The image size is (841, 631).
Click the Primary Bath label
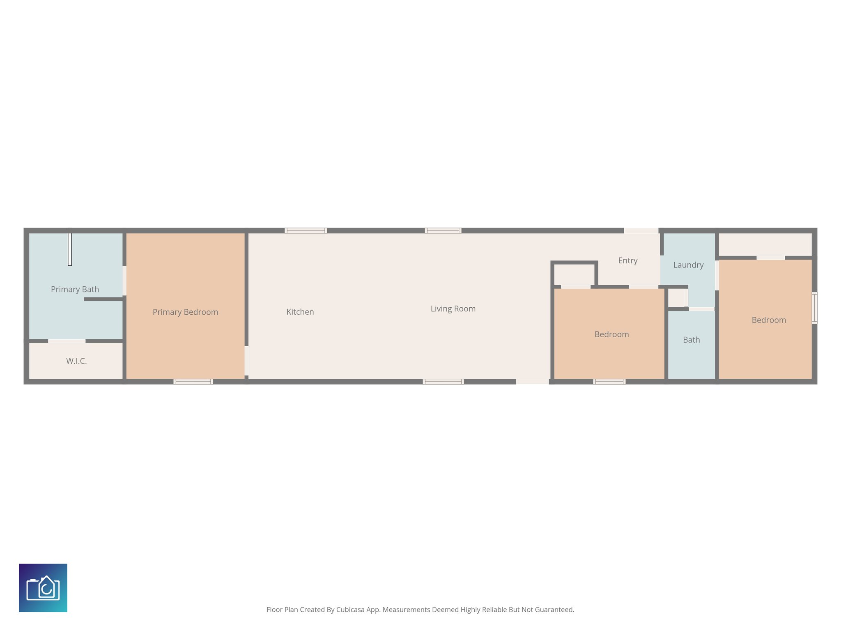(x=75, y=289)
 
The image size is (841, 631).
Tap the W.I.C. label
(x=76, y=361)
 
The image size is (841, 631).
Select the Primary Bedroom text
(x=185, y=312)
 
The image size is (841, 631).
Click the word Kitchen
(x=300, y=312)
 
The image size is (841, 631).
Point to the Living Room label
(x=453, y=309)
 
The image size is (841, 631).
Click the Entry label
(x=627, y=260)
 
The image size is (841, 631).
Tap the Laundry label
(x=688, y=265)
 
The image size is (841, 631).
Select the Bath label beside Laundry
(x=691, y=340)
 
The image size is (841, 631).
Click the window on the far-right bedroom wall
(x=814, y=308)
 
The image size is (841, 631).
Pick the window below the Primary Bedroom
(x=193, y=382)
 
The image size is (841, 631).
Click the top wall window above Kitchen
(x=306, y=230)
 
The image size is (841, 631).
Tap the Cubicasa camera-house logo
(x=43, y=588)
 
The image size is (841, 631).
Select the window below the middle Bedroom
(x=609, y=382)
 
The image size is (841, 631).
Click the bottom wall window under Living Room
(x=443, y=382)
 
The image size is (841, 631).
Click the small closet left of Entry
(x=574, y=274)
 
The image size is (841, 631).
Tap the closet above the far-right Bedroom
(x=765, y=244)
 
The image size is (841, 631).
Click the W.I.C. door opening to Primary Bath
(x=67, y=341)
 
